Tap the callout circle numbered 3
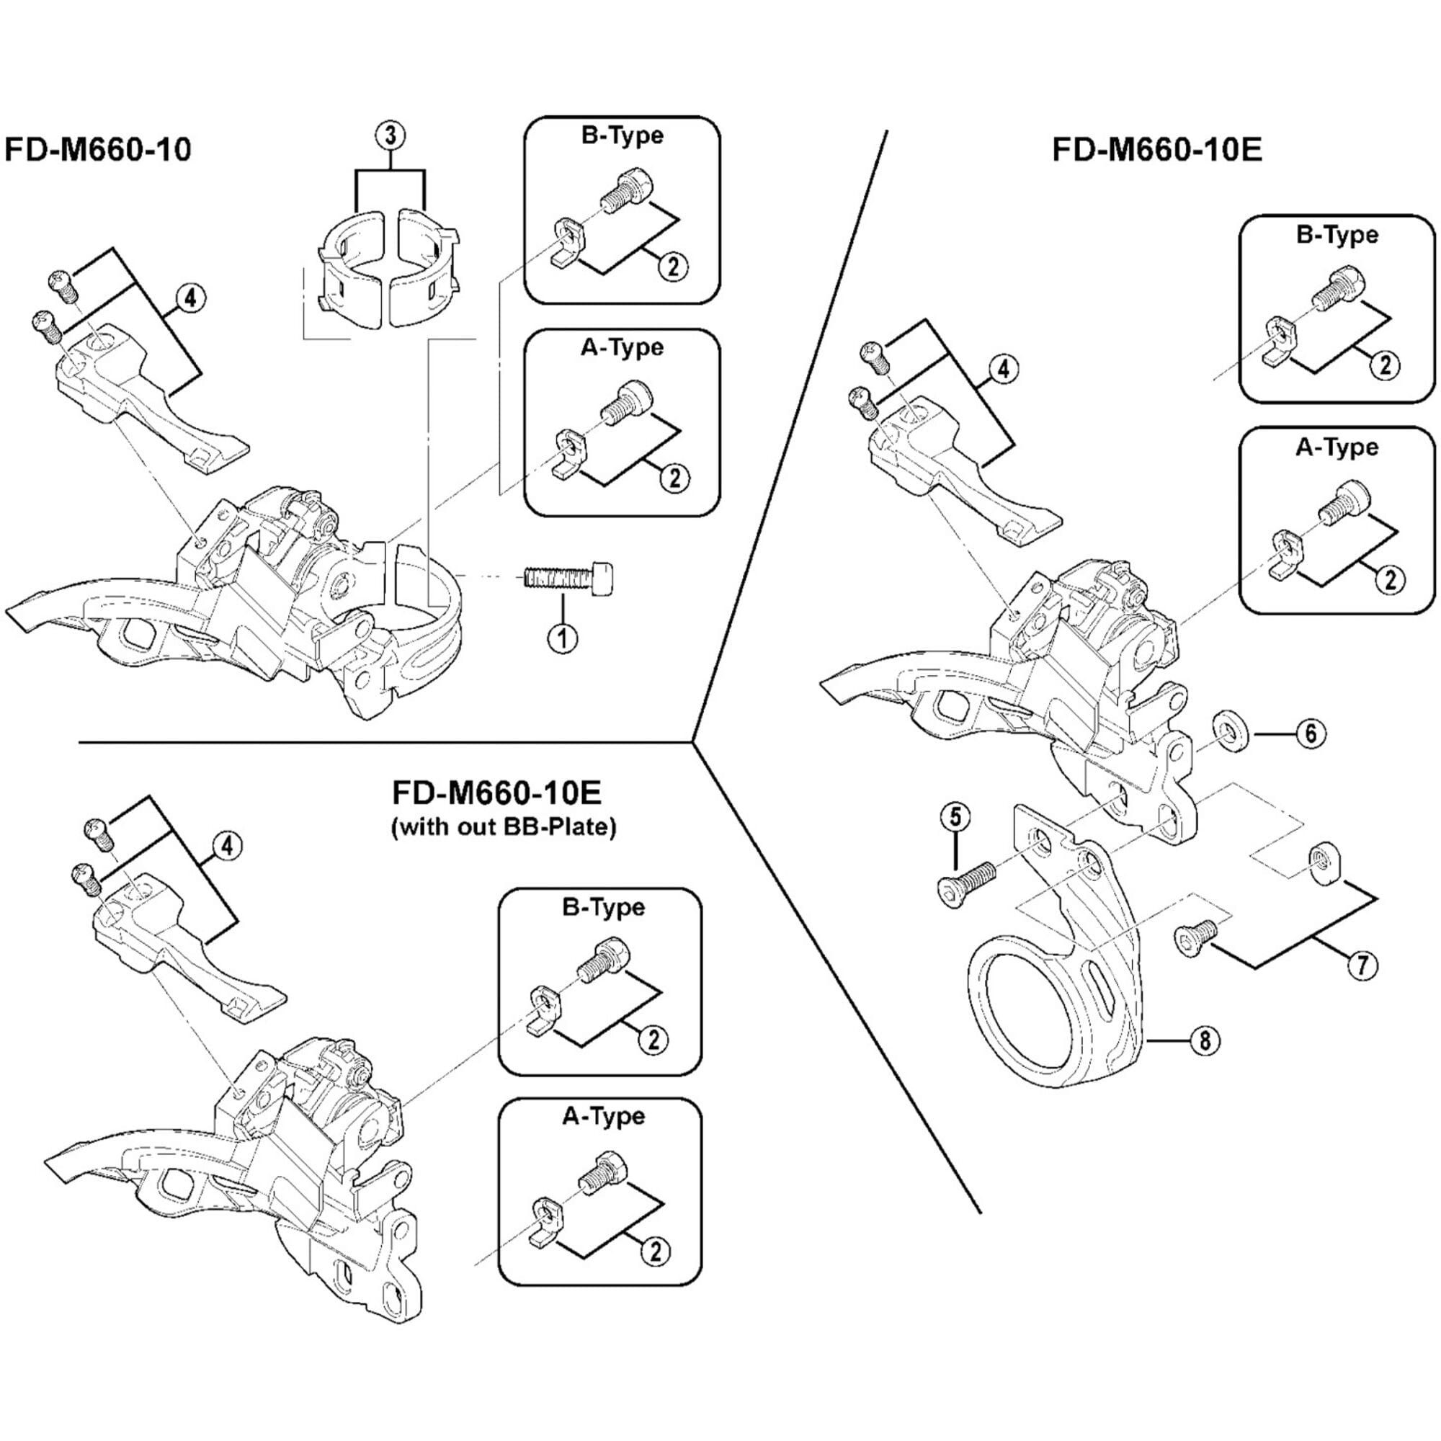point(391,135)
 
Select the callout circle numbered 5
point(955,817)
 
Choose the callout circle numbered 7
point(1362,966)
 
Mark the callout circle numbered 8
point(1205,1040)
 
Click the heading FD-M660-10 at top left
point(98,149)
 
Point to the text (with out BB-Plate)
point(504,827)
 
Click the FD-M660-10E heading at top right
point(1157,149)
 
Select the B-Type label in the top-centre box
point(622,135)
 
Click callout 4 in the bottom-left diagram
point(228,845)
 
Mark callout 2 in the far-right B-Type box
point(1385,365)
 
